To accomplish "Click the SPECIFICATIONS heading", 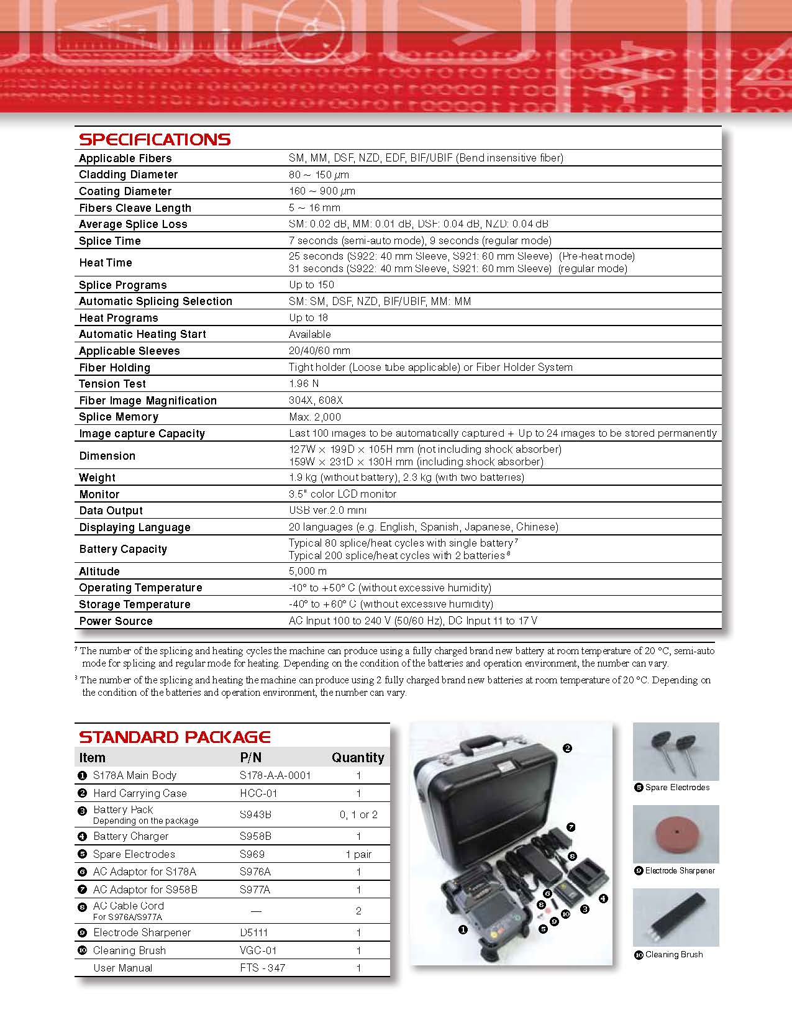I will [155, 139].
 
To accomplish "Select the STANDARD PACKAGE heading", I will [175, 737].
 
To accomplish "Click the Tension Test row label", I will [112, 384].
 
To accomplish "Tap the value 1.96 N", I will [304, 383].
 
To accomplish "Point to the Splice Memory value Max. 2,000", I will [315, 417].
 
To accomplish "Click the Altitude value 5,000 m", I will [307, 571].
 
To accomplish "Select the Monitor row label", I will [99, 494].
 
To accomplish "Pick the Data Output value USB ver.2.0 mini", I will [327, 510].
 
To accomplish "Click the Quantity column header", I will [358, 757].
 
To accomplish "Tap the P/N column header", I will [251, 757].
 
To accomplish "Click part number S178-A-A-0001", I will [275, 775].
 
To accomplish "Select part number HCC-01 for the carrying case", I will [258, 793].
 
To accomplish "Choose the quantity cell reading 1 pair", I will [358, 854].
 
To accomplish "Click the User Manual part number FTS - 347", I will [262, 968].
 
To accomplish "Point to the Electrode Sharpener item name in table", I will [142, 932].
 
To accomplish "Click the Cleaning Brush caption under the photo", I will [674, 955].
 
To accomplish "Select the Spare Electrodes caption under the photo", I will [677, 788].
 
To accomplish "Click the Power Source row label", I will [116, 621].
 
